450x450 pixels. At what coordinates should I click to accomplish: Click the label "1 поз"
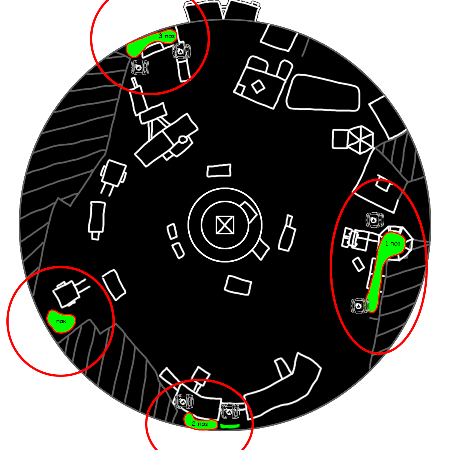pos(393,243)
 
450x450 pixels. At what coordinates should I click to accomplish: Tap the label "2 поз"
pos(200,424)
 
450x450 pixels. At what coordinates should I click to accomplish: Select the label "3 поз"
pos(165,36)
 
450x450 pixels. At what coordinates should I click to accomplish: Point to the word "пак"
pos(61,321)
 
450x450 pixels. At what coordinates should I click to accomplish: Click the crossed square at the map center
pos(225,225)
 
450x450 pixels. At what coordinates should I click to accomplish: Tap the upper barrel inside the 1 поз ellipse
pos(375,220)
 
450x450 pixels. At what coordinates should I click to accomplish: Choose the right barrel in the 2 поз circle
pos(230,411)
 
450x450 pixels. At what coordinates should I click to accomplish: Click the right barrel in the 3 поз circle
pos(181,51)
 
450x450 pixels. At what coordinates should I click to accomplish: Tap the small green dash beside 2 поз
pos(229,426)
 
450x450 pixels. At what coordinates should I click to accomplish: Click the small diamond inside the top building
pos(257,87)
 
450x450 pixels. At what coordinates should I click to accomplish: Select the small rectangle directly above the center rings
pos(219,171)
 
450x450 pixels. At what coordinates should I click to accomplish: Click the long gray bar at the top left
pos(54,28)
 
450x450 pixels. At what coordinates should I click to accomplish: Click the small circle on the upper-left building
pos(183,140)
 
